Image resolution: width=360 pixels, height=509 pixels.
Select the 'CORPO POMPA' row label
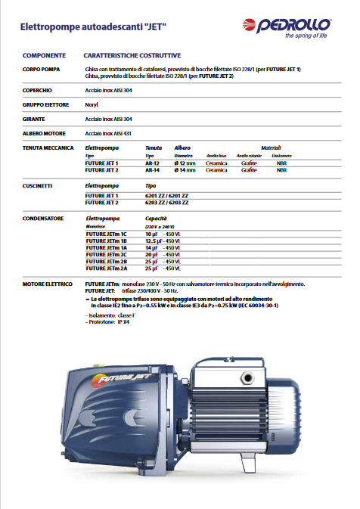[44, 69]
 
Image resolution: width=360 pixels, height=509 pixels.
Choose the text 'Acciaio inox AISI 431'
[110, 132]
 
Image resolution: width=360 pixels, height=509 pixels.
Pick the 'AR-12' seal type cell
[153, 163]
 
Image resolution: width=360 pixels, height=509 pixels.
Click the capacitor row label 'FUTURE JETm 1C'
[101, 234]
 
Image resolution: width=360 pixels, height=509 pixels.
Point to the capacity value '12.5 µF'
[154, 241]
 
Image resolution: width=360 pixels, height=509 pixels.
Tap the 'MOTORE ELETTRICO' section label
[48, 284]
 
